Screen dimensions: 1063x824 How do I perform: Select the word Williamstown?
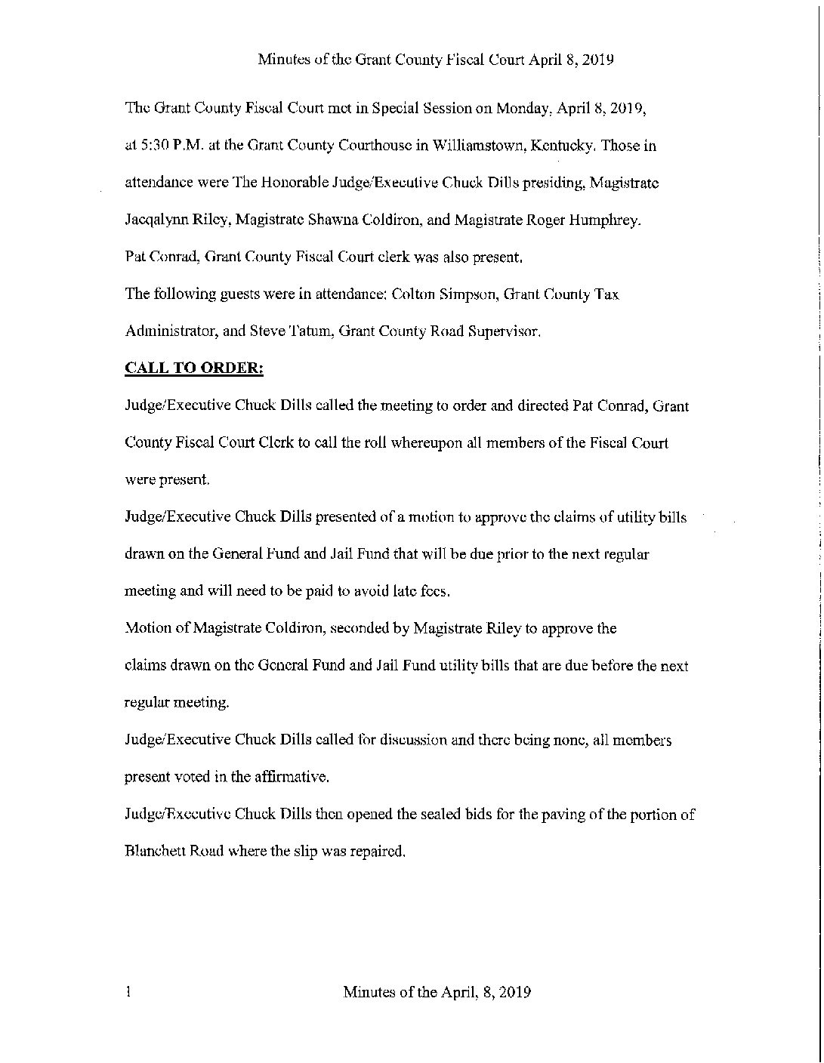(x=480, y=146)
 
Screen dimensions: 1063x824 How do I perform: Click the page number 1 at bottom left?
(x=130, y=991)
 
